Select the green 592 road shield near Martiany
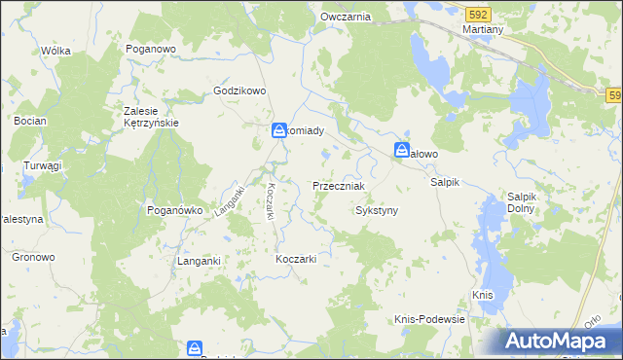(x=477, y=15)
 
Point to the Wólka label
(x=56, y=51)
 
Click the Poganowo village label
(x=149, y=48)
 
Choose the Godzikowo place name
(x=239, y=91)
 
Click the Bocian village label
(x=31, y=122)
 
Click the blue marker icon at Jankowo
(x=402, y=150)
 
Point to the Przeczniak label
(x=338, y=186)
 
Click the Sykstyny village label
(x=378, y=210)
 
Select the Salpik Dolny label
(x=529, y=202)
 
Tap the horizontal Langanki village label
(x=201, y=261)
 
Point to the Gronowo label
(x=33, y=257)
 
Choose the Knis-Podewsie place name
(x=429, y=319)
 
